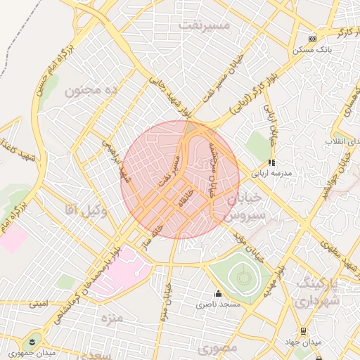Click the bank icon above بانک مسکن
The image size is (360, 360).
coord(313,39)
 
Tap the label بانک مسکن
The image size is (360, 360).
coord(314,50)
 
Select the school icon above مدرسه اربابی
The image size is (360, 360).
coord(273,162)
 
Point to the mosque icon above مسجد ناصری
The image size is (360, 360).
coord(218,294)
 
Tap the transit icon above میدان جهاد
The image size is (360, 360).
coord(303,331)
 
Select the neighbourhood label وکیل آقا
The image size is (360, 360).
coord(85,209)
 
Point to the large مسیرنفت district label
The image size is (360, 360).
coord(205,25)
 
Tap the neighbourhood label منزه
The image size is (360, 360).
coord(112,319)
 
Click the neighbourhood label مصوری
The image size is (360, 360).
coord(217,347)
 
